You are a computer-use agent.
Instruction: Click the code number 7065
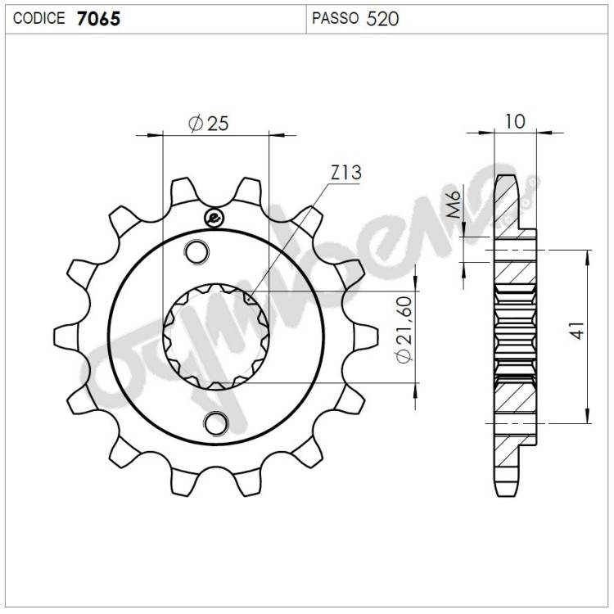98,18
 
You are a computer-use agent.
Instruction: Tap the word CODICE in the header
38,18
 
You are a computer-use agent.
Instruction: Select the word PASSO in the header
335,18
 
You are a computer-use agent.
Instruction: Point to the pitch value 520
382,19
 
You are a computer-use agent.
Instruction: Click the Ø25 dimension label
208,124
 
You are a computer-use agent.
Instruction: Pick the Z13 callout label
345,173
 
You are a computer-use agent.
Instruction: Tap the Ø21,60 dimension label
404,330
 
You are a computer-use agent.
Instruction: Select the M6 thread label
454,204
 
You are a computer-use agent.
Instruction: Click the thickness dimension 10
515,121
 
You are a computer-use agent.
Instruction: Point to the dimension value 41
577,330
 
